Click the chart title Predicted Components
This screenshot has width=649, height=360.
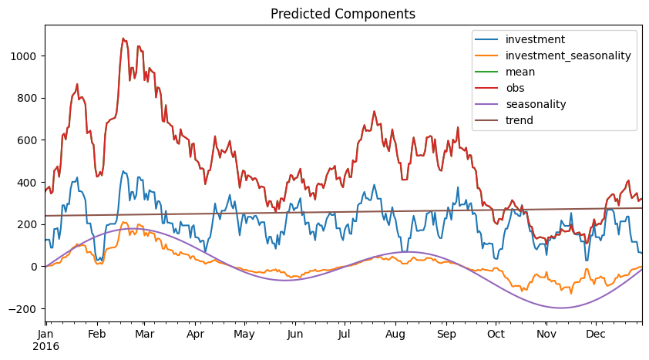pyautogui.click(x=342, y=14)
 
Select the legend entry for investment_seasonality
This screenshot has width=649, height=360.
pyautogui.click(x=568, y=56)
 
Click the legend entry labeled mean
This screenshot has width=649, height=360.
pyautogui.click(x=520, y=72)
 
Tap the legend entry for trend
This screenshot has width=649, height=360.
pyautogui.click(x=519, y=120)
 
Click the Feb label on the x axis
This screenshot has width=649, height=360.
pyautogui.click(x=96, y=334)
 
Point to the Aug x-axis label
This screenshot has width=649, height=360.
pyautogui.click(x=395, y=334)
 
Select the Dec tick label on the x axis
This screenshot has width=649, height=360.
pyautogui.click(x=594, y=334)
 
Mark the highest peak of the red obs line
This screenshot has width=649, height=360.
pyautogui.click(x=123, y=38)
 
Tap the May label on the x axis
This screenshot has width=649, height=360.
pyautogui.click(x=244, y=334)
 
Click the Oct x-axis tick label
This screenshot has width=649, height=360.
pyautogui.click(x=496, y=334)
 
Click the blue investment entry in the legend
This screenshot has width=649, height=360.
pyautogui.click(x=535, y=39)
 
